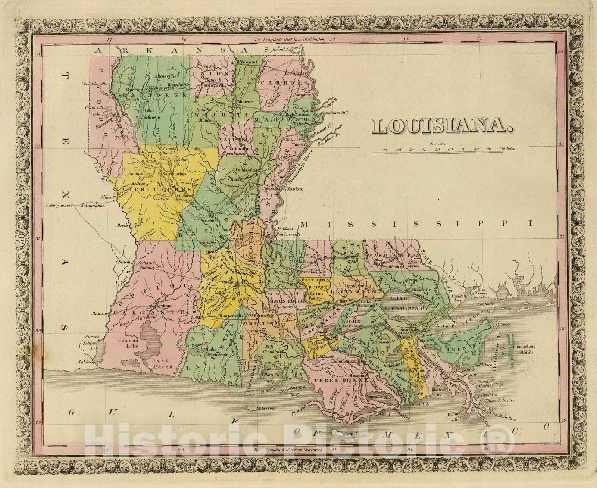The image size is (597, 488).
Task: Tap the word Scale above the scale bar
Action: [437, 143]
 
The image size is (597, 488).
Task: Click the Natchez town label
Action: [294, 189]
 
